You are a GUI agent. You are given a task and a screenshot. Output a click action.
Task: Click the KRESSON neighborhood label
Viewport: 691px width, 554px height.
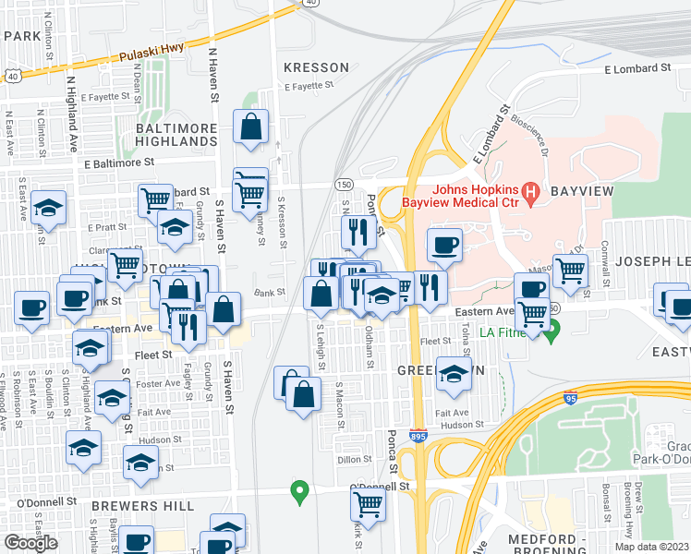coord(316,67)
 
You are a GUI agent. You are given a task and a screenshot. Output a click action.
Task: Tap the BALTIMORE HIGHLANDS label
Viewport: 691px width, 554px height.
coord(176,134)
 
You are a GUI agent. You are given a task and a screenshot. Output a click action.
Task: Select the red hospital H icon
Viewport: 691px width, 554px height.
coord(530,192)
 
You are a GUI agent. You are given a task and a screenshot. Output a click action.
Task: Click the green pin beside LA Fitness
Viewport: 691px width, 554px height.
coord(552,332)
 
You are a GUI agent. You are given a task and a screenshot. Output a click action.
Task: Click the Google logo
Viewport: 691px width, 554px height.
coord(31,543)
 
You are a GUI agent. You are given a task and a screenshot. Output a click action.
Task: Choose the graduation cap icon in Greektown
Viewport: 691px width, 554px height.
coord(453,374)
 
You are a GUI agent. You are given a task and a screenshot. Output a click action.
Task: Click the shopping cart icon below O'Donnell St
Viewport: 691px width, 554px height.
coord(368,505)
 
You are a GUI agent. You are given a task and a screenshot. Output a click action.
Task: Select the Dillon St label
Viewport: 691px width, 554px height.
coord(354,459)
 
